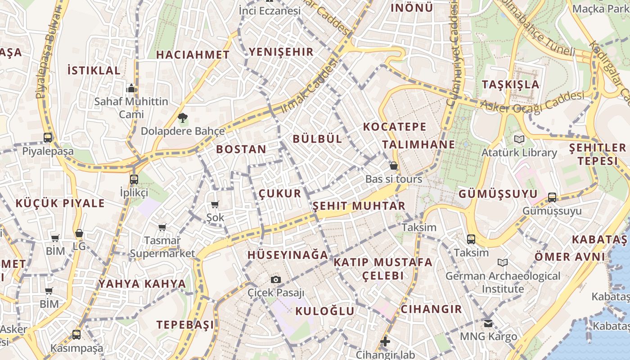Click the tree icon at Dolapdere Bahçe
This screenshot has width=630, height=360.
tap(182, 118)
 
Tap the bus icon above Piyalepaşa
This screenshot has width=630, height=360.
tap(48, 138)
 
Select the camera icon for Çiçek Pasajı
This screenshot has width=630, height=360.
tap(276, 280)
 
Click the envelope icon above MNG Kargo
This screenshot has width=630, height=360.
tap(488, 323)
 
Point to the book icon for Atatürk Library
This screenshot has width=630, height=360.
tap(519, 139)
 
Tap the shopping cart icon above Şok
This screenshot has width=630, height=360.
tap(215, 205)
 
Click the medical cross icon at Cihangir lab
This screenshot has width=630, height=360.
tap(385, 342)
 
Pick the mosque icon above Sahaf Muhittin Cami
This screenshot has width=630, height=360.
tap(131, 88)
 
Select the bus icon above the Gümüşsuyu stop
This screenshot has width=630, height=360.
tap(552, 197)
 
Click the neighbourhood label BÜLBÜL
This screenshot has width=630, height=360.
tap(317, 139)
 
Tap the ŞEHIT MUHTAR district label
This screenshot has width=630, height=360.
tap(359, 206)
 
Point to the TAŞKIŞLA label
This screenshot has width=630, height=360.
tap(510, 85)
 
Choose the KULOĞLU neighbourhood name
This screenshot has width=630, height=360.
tap(324, 311)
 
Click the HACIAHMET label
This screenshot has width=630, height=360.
tap(193, 55)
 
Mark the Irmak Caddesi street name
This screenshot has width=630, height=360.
tap(309, 87)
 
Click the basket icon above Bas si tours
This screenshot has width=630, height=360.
tap(394, 166)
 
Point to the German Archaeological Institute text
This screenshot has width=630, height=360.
tap(503, 282)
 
